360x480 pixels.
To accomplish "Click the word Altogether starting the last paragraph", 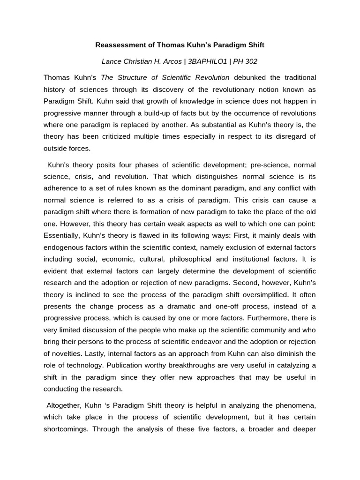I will (64, 405).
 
